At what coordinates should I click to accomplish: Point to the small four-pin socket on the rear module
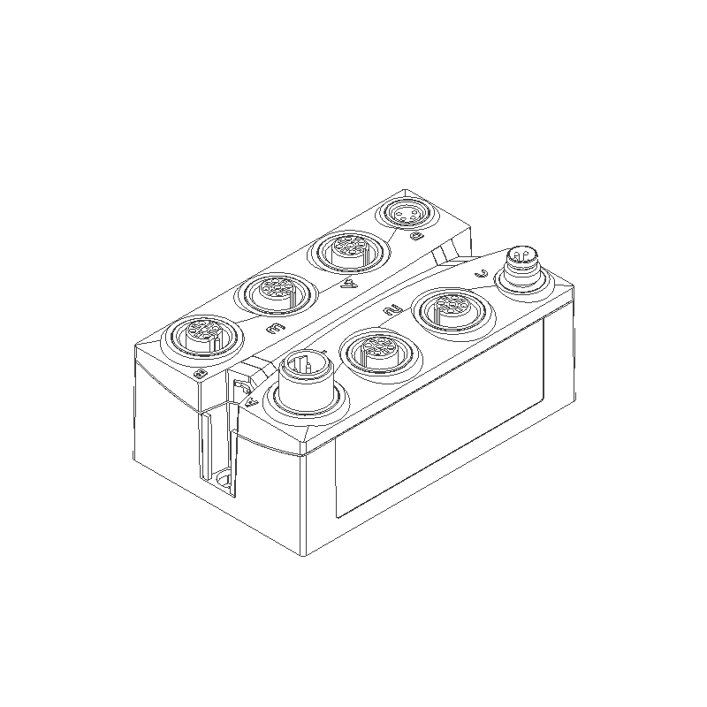[x=401, y=215]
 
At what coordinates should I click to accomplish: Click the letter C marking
[x=482, y=273]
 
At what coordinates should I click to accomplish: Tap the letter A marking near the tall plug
[x=253, y=401]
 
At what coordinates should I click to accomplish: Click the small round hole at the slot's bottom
[x=224, y=480]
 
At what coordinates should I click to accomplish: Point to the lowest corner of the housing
[x=305, y=556]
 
